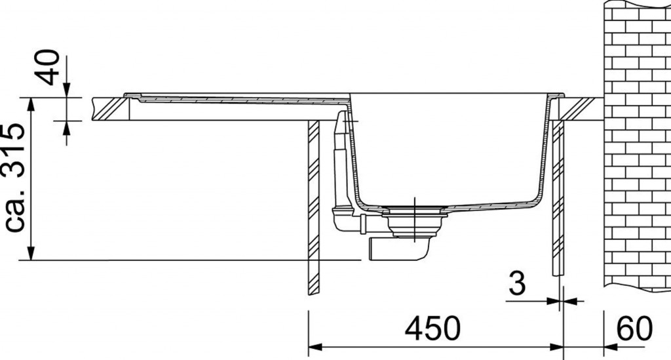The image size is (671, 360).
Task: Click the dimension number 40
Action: [x=48, y=67]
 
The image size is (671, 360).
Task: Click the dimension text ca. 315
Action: [x=16, y=177]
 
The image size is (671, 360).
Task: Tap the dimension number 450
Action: [x=432, y=329]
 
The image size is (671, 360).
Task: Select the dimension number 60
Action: [x=635, y=329]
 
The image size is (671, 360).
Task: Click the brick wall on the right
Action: [x=637, y=146]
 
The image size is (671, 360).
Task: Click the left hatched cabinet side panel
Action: [x=314, y=207]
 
